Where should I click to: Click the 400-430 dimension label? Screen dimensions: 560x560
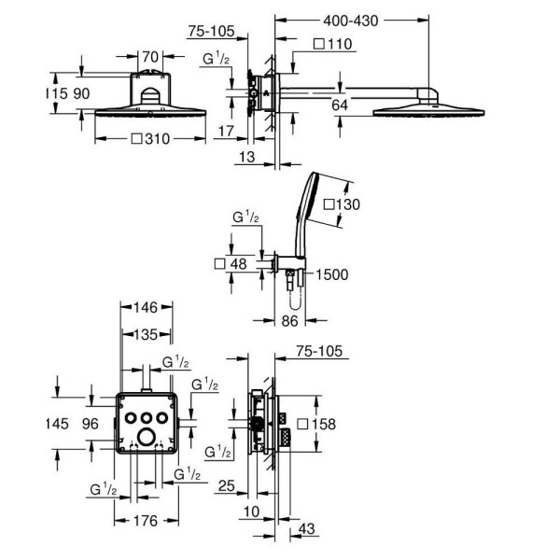[350, 21]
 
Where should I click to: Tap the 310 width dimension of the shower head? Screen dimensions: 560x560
[150, 138]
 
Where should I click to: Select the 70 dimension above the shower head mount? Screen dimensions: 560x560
[150, 57]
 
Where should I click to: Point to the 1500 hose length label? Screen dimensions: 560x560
[331, 274]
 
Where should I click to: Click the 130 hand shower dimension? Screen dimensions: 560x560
[342, 204]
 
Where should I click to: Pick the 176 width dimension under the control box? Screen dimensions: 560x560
[146, 521]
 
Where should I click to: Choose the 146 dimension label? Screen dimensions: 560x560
[146, 307]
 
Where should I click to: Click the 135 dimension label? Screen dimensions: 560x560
[146, 335]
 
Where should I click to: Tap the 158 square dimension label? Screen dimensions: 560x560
[316, 424]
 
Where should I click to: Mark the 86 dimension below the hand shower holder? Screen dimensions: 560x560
[289, 321]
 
